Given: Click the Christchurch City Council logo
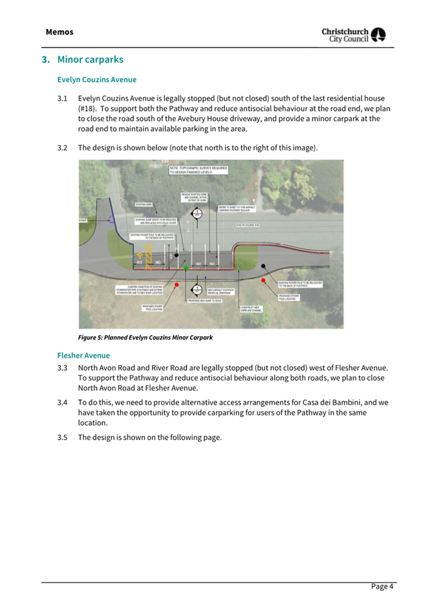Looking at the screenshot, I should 353,35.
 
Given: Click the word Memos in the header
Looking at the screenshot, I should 59,32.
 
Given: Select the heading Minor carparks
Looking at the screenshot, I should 90,59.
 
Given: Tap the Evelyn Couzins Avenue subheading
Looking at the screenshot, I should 97,80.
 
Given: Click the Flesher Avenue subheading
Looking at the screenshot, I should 83,355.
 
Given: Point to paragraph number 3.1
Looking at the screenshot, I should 63,99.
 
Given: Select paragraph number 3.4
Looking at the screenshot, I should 63,402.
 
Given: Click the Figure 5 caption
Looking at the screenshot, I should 145,337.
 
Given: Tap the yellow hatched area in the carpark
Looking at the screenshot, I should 150,255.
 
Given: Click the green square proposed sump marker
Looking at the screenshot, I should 186,267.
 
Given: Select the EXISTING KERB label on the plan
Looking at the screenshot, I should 144,204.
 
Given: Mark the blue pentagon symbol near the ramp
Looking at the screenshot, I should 113,220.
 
